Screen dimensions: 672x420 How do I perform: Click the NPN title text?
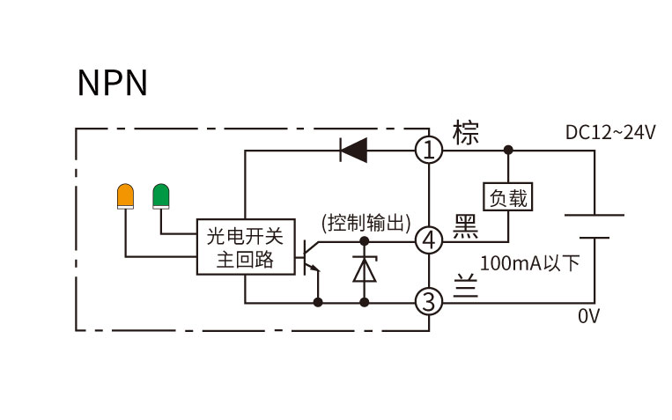coord(113,82)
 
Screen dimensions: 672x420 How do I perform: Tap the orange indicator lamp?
coord(125,196)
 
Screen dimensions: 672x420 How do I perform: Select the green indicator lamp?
coord(160,196)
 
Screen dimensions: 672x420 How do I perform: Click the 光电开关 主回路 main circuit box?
coord(246,247)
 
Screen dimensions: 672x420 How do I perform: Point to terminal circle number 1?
coord(429,150)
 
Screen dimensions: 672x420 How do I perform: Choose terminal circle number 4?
coord(429,240)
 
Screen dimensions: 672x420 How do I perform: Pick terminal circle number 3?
coord(429,302)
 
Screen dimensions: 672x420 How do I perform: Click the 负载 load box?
coord(508,196)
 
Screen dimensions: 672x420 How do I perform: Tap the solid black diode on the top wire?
coord(353,150)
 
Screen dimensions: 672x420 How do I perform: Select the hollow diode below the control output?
coord(365,269)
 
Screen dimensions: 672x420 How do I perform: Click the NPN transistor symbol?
coord(311,257)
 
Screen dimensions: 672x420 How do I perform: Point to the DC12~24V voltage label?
coord(610,132)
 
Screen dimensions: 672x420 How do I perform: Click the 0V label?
coord(589,316)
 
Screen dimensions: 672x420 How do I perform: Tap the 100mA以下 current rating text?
coord(529,262)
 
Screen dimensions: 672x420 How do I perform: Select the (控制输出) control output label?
coord(366,223)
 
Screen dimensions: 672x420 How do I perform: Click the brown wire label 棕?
coord(465,132)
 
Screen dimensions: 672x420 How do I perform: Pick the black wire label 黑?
coord(466,226)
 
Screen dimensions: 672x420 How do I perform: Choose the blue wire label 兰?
coord(466,285)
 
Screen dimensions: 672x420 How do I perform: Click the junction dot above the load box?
coord(508,150)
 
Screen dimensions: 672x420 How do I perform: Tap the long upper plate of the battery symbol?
coord(594,215)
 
